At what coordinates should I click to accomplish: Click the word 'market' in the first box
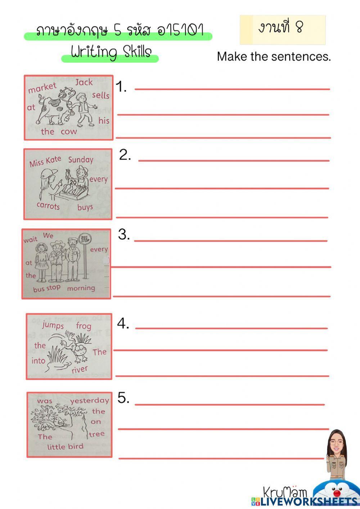(42, 88)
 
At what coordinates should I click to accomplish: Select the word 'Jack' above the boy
(84, 82)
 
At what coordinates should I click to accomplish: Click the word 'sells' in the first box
(100, 95)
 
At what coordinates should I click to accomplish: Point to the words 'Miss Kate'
(45, 162)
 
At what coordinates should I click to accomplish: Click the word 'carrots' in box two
(48, 206)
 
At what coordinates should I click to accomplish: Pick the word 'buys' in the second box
(85, 207)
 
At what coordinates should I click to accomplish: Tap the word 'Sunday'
(81, 160)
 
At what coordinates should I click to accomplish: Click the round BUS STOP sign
(85, 238)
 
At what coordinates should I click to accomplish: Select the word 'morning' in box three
(81, 288)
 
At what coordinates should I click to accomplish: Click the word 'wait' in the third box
(30, 240)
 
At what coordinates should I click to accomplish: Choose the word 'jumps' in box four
(53, 325)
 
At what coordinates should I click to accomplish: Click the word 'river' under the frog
(80, 370)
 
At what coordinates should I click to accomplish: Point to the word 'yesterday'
(89, 401)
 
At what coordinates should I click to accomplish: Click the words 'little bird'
(65, 447)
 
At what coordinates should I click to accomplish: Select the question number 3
(124, 235)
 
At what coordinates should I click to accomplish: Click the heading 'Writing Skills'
(111, 52)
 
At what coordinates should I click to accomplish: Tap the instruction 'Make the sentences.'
(274, 57)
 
